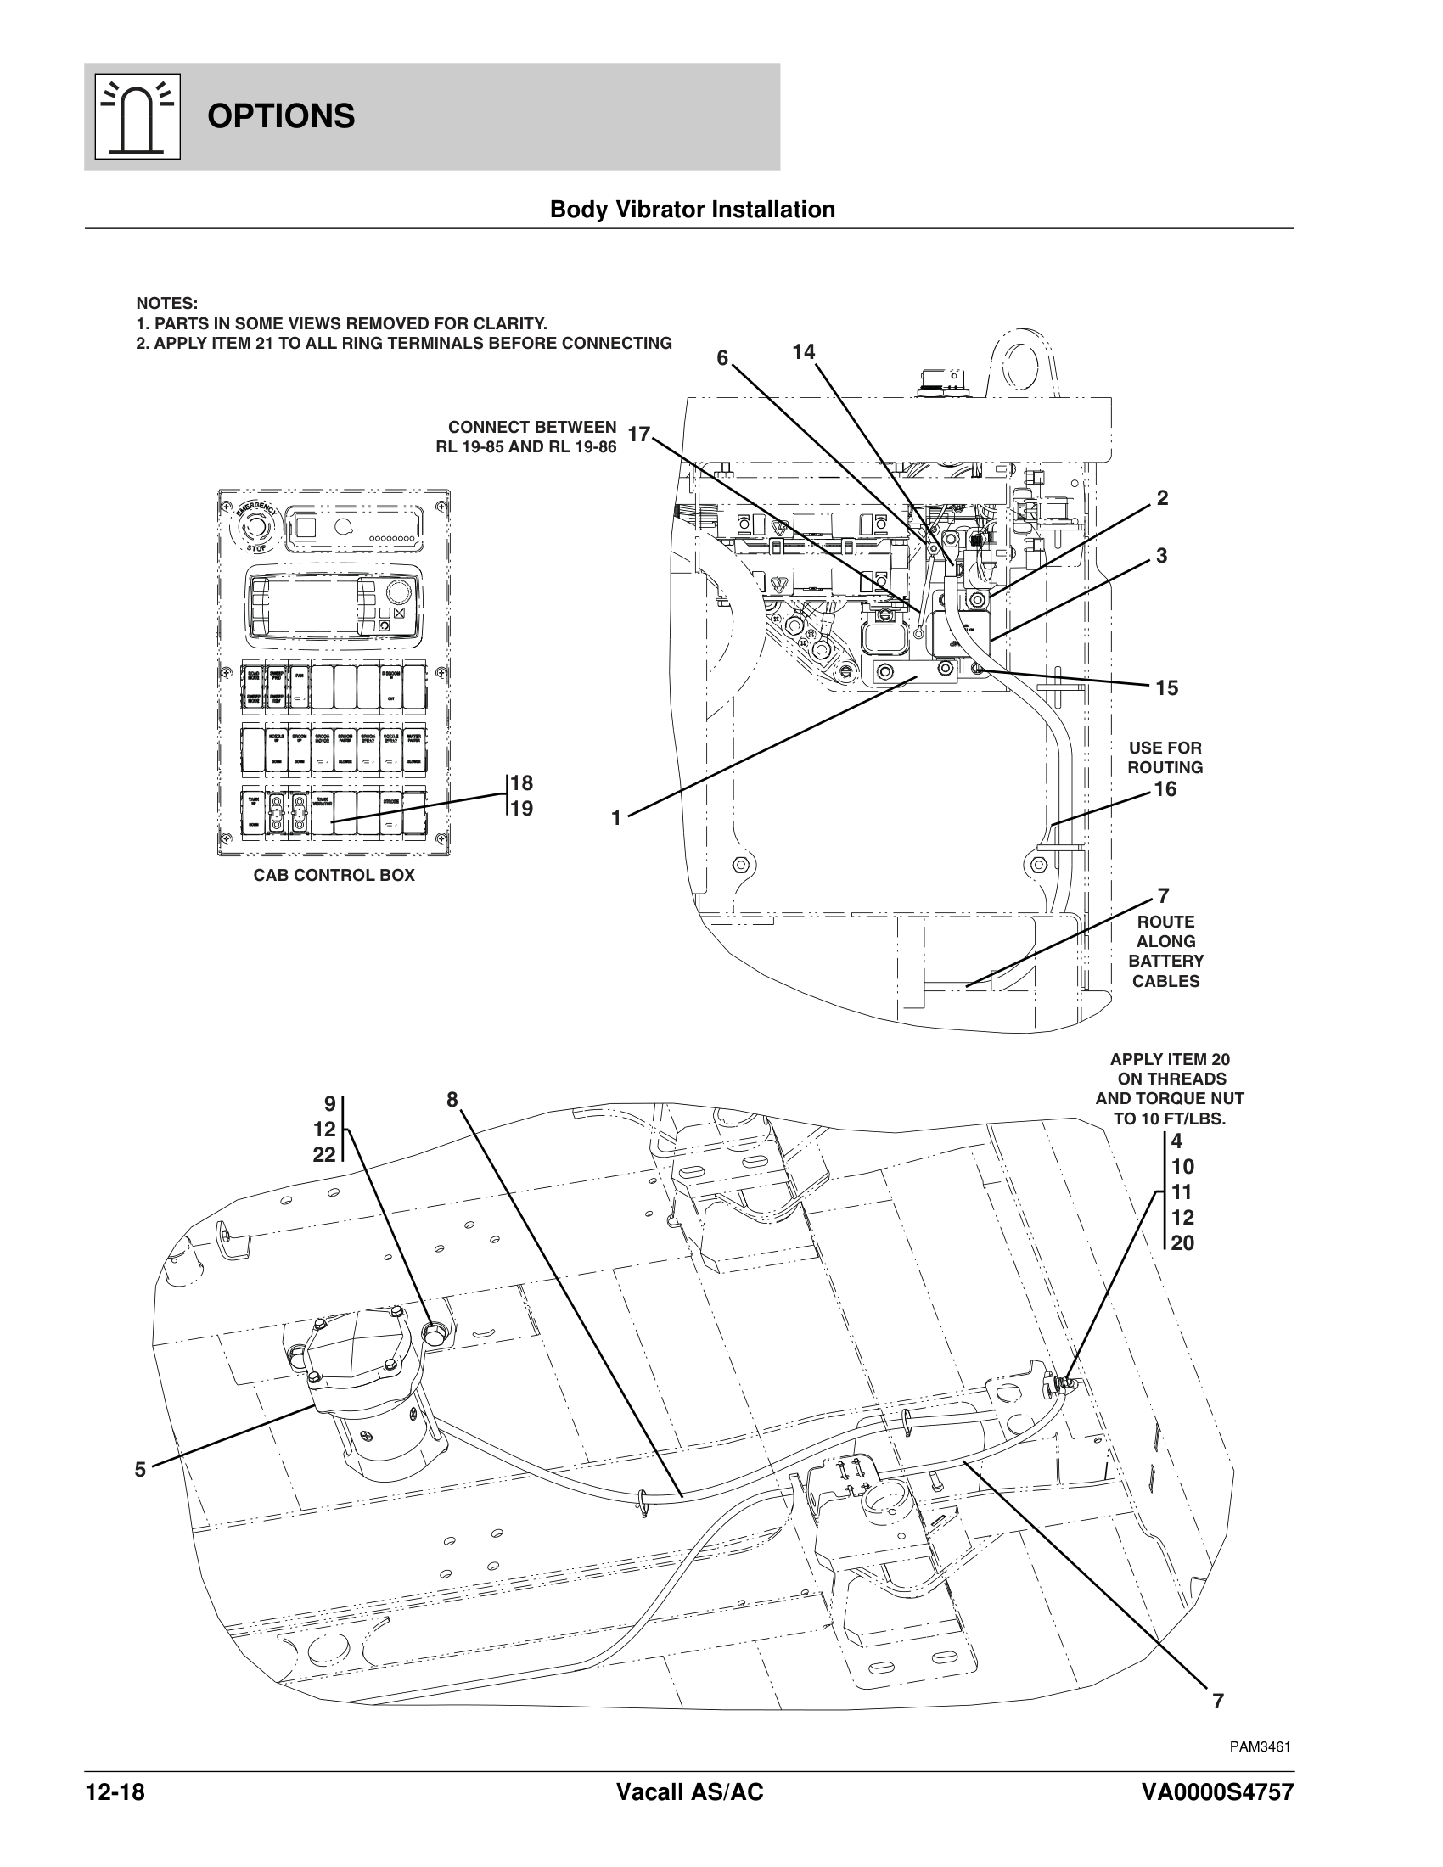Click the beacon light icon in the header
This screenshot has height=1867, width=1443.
[138, 117]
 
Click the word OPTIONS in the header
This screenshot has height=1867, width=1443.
[281, 116]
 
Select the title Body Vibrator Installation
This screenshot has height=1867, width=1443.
[693, 210]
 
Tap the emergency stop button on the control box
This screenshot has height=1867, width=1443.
[255, 524]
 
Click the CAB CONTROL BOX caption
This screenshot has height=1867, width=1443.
[334, 876]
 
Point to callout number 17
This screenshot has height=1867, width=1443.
[638, 435]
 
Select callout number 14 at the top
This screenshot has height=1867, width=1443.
[804, 352]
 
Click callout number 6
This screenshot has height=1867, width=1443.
[722, 358]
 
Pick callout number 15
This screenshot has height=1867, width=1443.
[1166, 688]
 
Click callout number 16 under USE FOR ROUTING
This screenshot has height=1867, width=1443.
[1165, 789]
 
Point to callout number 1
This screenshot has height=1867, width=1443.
[615, 818]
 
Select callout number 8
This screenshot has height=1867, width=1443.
[452, 1099]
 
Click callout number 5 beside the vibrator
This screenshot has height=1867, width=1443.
[140, 1471]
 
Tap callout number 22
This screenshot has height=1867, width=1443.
[324, 1155]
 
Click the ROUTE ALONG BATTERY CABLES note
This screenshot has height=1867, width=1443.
[1166, 951]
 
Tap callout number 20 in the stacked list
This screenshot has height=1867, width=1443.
[1182, 1243]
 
